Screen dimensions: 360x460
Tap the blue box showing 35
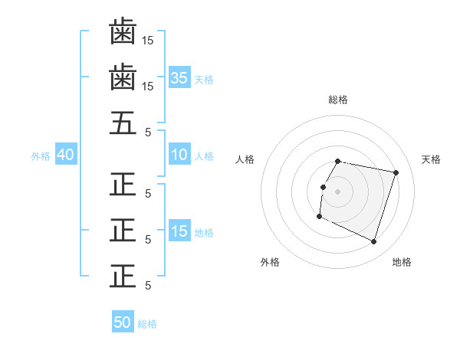tap(179, 77)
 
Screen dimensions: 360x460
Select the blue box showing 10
tap(179, 155)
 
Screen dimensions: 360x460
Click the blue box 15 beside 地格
tap(179, 231)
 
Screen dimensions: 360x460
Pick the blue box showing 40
tap(65, 155)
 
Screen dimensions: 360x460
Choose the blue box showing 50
tap(123, 322)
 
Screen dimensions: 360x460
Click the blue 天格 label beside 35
tap(204, 79)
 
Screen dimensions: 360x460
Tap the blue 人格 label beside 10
tap(204, 155)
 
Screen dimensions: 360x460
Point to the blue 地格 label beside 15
tap(204, 232)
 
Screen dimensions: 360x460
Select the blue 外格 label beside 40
tap(41, 155)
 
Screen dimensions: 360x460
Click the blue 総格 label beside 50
tap(147, 324)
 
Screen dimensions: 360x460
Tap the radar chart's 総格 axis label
tap(338, 100)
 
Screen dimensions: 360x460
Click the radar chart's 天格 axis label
tap(432, 159)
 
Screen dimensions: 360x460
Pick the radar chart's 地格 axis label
tap(402, 262)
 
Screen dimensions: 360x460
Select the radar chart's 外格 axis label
tap(270, 262)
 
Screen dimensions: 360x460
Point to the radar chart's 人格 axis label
tap(245, 159)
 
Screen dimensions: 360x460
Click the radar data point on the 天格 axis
tap(396, 173)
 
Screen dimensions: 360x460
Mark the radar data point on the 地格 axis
tap(374, 242)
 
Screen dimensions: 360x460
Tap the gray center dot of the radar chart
tap(338, 191)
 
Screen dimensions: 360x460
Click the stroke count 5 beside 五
tap(148, 133)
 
